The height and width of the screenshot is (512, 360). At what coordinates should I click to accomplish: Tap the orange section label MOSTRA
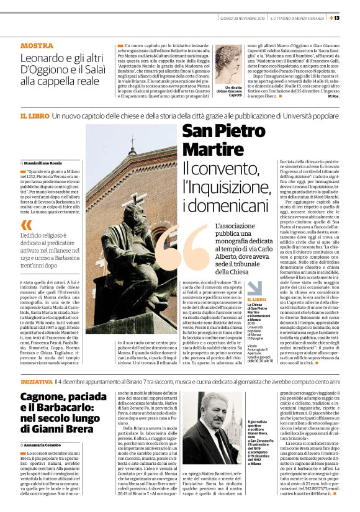tap(37, 46)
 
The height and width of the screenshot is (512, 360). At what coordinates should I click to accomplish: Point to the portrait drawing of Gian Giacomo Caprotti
tap(229, 63)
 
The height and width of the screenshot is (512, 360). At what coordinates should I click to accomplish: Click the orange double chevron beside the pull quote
tap(26, 225)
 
